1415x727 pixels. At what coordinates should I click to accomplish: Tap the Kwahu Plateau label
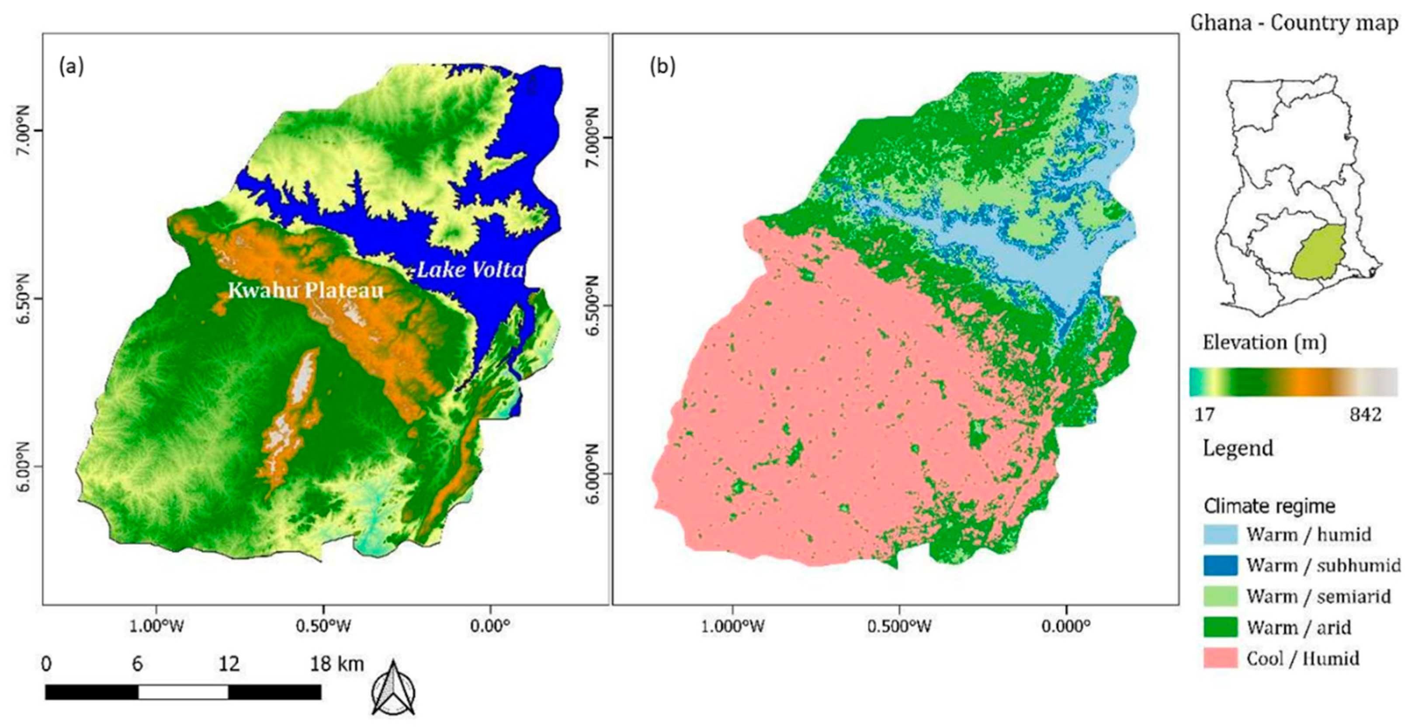[305, 291]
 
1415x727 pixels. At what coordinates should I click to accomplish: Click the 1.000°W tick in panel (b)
[733, 627]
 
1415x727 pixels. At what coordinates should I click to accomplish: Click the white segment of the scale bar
[183, 692]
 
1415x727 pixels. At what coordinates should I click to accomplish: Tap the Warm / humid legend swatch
[1221, 534]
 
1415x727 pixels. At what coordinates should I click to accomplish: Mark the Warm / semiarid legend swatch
[1221, 596]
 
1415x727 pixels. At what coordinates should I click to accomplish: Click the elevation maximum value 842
[1365, 415]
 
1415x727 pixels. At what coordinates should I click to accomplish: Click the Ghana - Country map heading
[1294, 24]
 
